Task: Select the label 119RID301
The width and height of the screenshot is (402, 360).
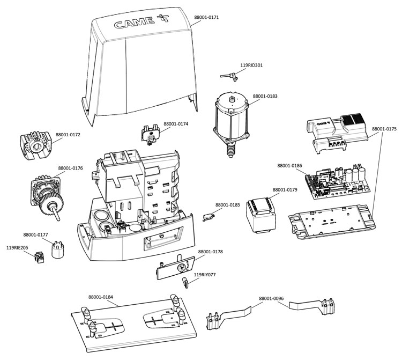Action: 251,65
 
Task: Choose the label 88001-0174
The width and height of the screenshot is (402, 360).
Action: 176,124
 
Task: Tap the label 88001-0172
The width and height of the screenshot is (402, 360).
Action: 68,135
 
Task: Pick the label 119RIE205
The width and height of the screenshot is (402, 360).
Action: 17,248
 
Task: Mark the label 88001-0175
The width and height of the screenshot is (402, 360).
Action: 384,129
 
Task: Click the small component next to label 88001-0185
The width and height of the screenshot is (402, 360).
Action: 210,216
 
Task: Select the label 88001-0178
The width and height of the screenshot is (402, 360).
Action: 211,252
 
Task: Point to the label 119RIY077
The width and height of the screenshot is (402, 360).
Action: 205,275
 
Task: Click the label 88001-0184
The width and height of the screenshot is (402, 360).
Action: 101,296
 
